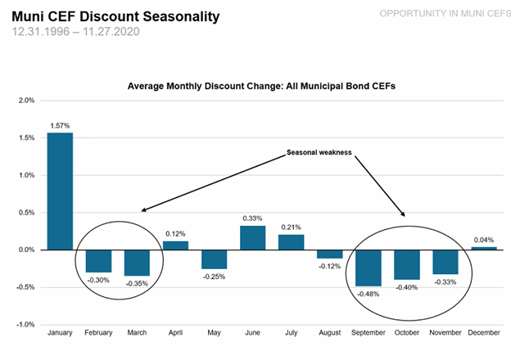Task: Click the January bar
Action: click(x=60, y=191)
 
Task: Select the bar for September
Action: click(x=369, y=268)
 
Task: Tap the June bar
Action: click(x=252, y=238)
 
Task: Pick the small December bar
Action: click(x=484, y=249)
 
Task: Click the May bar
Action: click(x=214, y=259)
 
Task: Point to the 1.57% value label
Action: click(x=60, y=126)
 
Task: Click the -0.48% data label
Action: click(x=369, y=294)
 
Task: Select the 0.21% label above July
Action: click(x=291, y=227)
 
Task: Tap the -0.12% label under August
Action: click(x=329, y=266)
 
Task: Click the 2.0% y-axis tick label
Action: click(x=26, y=101)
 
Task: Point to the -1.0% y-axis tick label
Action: click(x=25, y=325)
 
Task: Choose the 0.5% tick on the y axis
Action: click(x=26, y=213)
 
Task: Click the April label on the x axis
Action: click(x=175, y=333)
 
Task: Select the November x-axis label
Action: click(x=445, y=333)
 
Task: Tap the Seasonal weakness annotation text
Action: click(x=319, y=152)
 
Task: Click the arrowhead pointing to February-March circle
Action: click(x=143, y=210)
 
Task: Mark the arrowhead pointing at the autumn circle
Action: click(x=404, y=214)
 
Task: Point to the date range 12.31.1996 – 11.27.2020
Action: click(x=76, y=32)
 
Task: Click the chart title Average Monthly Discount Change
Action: click(x=261, y=86)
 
